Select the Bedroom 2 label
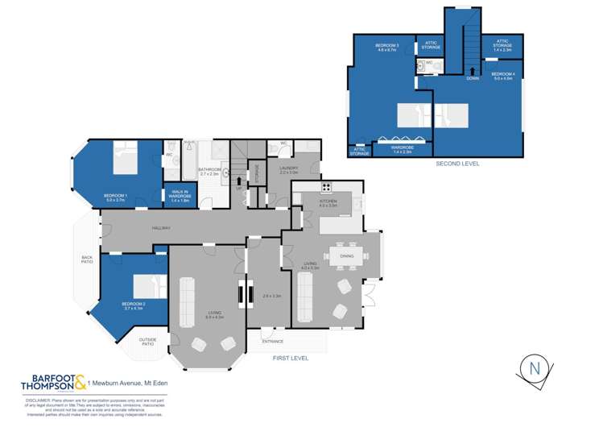coord(132,306)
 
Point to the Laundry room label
coord(289,170)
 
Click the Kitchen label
coord(328,205)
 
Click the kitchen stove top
coord(327,189)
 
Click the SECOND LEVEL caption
coord(457,164)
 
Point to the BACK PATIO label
coord(87,260)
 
